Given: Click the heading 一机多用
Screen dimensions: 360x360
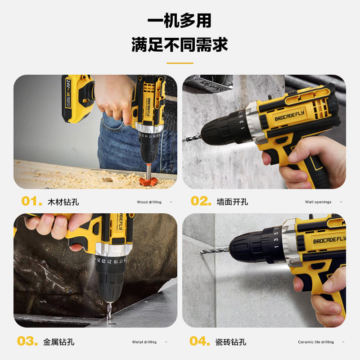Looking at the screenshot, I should point(180,21).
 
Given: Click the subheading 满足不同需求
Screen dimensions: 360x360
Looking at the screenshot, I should point(180,45).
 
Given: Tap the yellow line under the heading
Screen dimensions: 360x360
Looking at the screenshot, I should point(180,63).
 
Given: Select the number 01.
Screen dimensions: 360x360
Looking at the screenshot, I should point(31,201).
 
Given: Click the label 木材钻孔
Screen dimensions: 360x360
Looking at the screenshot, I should point(63,202).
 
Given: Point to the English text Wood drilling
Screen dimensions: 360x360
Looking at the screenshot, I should point(149,202).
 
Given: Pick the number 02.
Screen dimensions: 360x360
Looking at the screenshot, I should point(201,201).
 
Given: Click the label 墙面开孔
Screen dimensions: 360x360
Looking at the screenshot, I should point(232,202).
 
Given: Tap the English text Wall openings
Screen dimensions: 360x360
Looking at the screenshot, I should point(318,202).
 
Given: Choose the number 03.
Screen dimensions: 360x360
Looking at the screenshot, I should point(27,341).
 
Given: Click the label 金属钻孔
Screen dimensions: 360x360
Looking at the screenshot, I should point(59,342).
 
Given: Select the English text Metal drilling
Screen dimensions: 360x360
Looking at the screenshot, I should point(144,342).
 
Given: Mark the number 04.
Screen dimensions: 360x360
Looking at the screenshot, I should point(199,341).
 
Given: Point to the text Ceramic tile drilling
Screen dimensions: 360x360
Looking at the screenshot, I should point(316,342).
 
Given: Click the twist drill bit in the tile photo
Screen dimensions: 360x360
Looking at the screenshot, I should point(215,250).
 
